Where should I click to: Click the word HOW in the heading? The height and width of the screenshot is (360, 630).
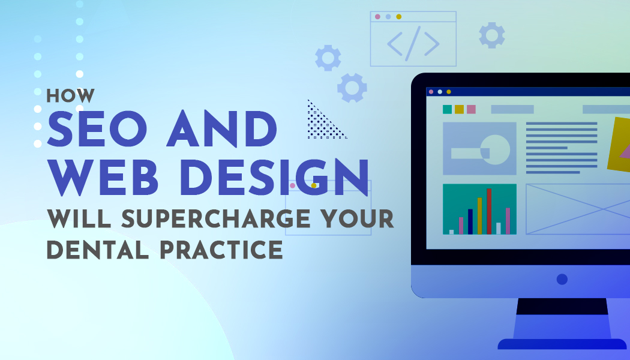pos(70,95)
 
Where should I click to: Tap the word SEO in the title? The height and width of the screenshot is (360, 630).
pos(97,128)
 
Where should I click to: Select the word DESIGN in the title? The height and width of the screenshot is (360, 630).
pos(275,177)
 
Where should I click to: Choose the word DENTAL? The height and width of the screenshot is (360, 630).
pos(98,250)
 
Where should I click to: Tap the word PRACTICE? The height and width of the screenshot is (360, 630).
pos(221,250)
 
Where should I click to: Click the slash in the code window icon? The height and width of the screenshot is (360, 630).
pos(413,44)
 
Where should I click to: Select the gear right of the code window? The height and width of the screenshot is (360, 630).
pos(492,35)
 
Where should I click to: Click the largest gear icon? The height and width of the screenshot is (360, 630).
pos(352,88)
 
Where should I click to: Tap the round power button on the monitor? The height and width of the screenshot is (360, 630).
pos(562,279)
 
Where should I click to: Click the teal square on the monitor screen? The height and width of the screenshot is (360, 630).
pos(447,109)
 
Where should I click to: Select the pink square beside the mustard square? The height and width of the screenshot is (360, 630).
pos(471,109)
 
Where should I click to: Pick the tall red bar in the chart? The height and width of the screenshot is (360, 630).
pos(489,211)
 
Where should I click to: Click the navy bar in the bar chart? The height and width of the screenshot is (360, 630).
pos(470,221)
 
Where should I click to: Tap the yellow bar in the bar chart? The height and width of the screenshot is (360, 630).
pos(479,216)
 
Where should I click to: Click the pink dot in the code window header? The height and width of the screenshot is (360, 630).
pos(377,16)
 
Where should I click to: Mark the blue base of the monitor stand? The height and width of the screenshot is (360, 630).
pos(562,344)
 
